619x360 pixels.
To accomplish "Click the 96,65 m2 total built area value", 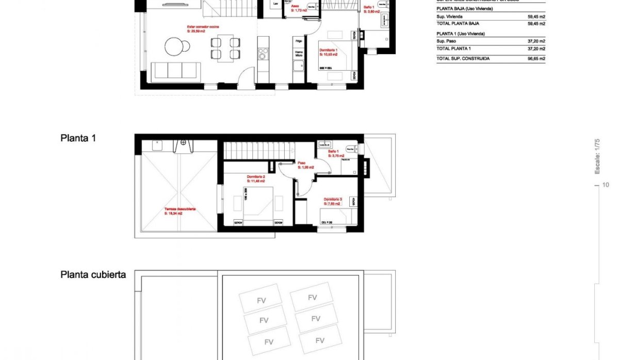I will pyautogui.click(x=536, y=59).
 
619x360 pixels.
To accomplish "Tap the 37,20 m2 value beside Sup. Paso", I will pyautogui.click(x=537, y=41).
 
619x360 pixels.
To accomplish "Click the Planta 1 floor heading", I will pyautogui.click(x=78, y=138).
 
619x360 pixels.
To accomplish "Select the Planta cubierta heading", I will pyautogui.click(x=93, y=275).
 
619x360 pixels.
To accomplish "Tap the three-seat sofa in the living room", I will pyautogui.click(x=176, y=70).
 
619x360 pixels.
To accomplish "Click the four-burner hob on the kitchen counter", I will pyautogui.click(x=264, y=54).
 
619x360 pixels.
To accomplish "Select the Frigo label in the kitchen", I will pyautogui.click(x=298, y=40).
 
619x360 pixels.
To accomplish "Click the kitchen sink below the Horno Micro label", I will pyautogui.click(x=298, y=66).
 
